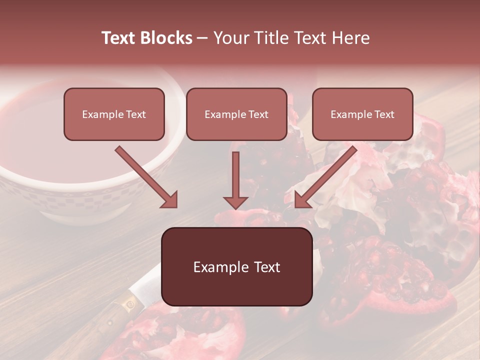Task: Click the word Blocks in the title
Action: pos(166,38)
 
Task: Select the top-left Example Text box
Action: pos(114,114)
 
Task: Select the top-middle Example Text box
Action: pos(236,114)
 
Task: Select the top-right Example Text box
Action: pos(362,114)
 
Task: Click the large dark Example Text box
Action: pos(236,267)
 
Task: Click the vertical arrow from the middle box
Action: pos(235,175)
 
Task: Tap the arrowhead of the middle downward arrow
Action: pos(235,202)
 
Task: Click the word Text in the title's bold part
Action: pos(119,38)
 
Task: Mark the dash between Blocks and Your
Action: pos(202,38)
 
